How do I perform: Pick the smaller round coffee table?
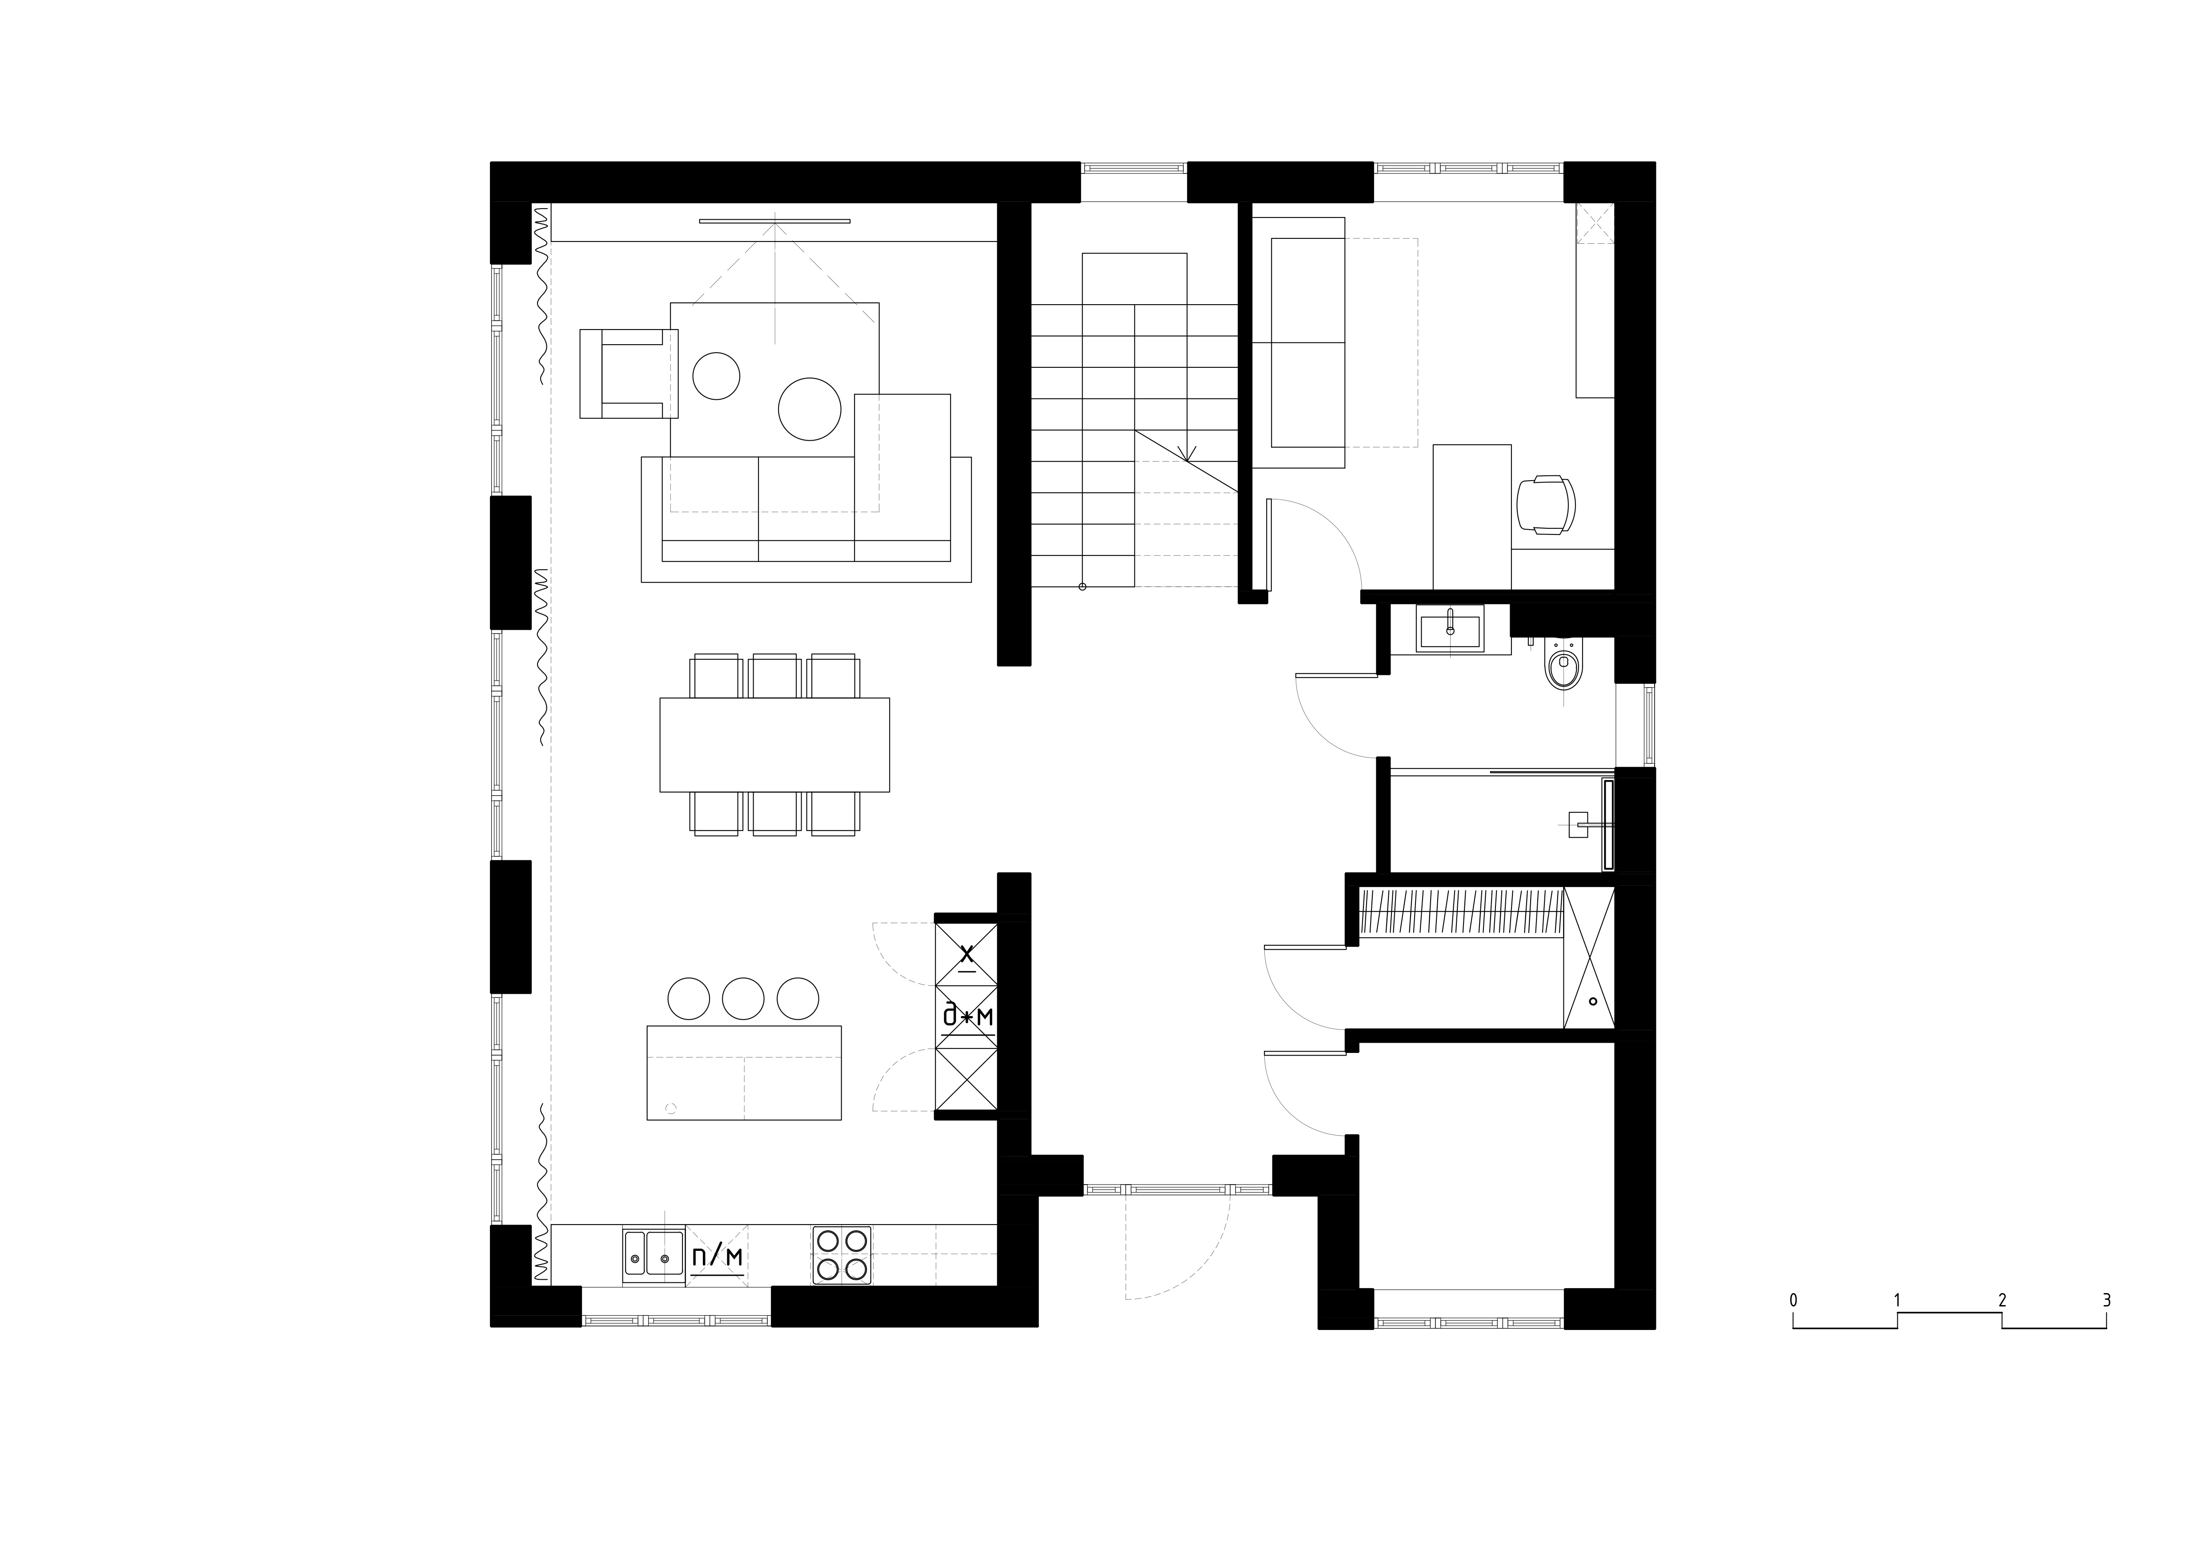716,376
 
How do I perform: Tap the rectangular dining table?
775,744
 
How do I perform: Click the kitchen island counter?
744,1072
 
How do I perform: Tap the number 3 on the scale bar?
2106,1300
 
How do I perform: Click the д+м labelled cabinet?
967,1017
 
